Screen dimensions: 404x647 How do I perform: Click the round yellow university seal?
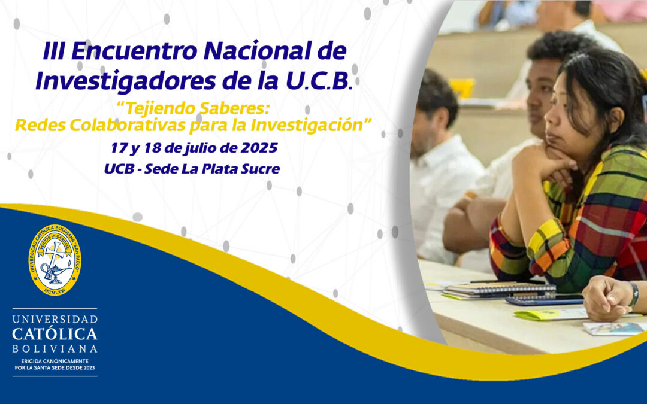click(55, 259)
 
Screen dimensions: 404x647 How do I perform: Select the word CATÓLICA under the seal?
click(55, 333)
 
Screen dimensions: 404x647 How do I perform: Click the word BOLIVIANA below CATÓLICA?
click(55, 348)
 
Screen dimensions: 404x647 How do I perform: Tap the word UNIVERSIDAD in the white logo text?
click(55, 319)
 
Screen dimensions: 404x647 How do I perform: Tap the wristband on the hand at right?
click(633, 294)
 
